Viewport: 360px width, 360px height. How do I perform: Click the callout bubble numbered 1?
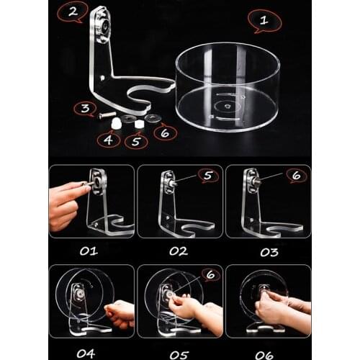click(264, 21)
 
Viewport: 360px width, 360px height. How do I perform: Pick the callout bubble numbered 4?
click(109, 140)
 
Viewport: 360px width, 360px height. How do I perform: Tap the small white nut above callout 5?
click(138, 124)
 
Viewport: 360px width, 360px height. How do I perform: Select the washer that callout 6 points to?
click(152, 117)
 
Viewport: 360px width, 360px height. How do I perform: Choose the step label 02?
click(178, 251)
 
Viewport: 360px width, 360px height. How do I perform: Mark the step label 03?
click(269, 251)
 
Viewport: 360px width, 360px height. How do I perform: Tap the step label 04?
click(88, 353)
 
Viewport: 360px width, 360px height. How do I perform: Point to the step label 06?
click(269, 353)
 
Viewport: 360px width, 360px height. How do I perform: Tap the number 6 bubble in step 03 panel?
click(294, 175)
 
